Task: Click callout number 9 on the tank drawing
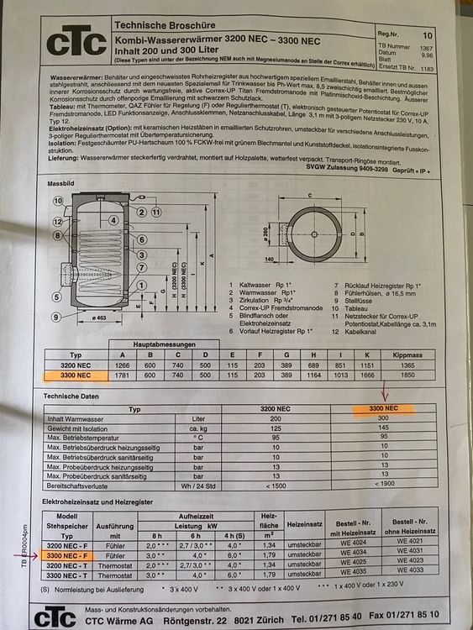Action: pos(56,317)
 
